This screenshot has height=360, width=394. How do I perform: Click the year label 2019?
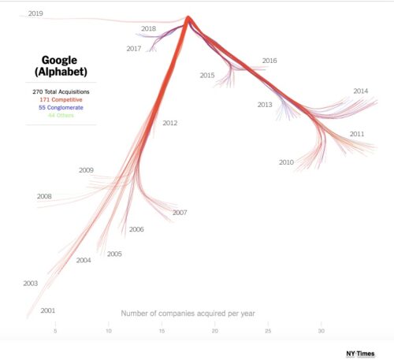pos(35,13)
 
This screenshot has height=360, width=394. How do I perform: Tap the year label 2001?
pos(47,310)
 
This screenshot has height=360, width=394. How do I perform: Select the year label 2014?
pos(360,91)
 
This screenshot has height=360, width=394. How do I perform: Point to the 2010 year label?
pos(286,162)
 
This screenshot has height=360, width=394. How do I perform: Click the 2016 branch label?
pos(269,61)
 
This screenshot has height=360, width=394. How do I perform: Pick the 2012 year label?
pos(170,123)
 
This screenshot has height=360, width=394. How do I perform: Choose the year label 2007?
pos(180,213)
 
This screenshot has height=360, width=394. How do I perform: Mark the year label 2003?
pos(30,284)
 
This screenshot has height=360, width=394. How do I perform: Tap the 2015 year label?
pos(207,76)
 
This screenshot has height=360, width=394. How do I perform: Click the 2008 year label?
pos(44,196)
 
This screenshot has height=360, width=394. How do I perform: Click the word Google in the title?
pos(60,59)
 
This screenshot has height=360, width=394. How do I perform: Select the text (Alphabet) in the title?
pos(60,72)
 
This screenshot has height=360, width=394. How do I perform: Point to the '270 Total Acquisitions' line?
pos(60,91)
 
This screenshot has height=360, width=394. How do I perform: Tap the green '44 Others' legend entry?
pos(60,116)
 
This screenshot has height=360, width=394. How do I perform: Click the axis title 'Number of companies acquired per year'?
pos(188,314)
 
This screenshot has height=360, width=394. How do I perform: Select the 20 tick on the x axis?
pos(215,331)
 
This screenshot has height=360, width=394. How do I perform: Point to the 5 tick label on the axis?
pos(55,331)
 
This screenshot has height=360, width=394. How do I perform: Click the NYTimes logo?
pos(359,353)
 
